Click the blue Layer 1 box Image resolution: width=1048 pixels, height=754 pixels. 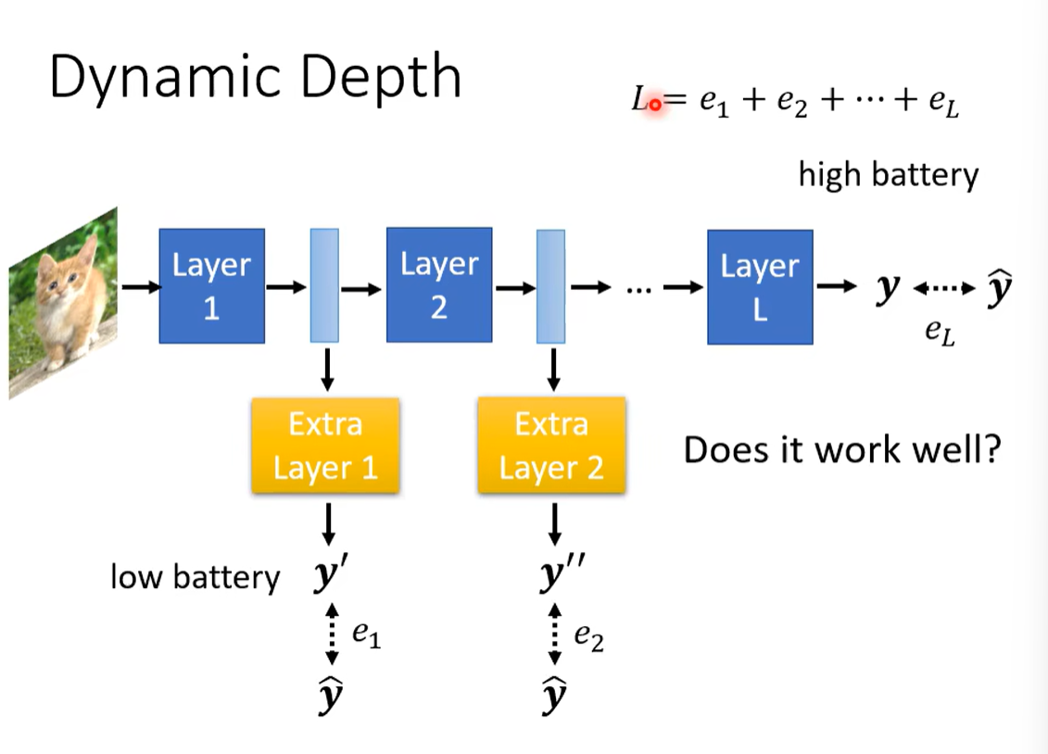(211, 285)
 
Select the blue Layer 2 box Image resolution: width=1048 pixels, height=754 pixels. (439, 285)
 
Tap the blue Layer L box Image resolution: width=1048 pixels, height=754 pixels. (760, 286)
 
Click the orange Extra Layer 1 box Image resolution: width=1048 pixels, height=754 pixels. (325, 446)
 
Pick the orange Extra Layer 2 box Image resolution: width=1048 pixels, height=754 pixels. (551, 446)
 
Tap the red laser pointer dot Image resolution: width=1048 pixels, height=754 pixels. (655, 104)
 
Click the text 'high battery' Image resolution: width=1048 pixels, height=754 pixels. (888, 174)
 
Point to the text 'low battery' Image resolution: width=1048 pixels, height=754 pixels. (195, 577)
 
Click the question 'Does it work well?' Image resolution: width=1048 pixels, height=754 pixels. (842, 450)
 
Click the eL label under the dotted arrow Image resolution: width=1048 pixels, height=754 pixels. (940, 333)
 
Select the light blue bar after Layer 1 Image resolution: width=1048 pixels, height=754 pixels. (324, 285)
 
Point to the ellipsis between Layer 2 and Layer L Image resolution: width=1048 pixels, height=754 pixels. (640, 289)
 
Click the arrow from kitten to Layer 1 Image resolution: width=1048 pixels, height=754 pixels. (140, 287)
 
